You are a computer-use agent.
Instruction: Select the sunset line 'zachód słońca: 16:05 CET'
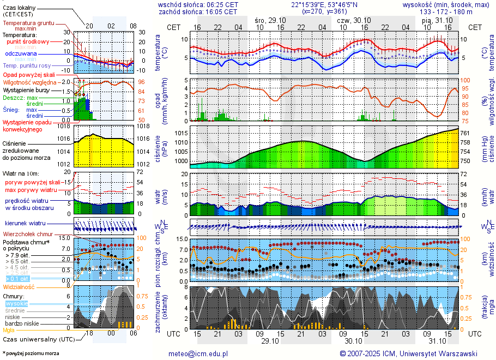197,11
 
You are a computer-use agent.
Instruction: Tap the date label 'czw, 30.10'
353,20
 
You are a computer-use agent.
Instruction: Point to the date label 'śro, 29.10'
270,20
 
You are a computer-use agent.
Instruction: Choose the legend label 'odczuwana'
21,54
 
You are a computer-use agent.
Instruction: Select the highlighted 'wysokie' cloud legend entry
16,303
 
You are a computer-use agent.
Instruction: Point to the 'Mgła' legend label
9,330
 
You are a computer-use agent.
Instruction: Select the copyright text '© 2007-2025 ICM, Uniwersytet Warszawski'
408,353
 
